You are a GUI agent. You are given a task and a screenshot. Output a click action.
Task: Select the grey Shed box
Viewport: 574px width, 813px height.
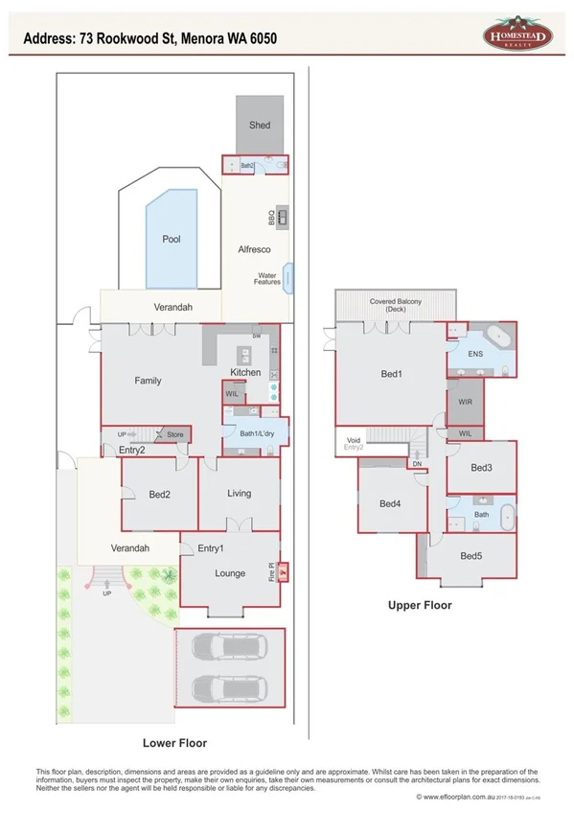click(x=260, y=125)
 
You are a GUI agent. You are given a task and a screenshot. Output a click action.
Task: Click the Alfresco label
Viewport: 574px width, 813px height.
click(x=254, y=249)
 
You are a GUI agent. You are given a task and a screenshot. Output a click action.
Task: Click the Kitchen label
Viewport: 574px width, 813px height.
click(x=245, y=372)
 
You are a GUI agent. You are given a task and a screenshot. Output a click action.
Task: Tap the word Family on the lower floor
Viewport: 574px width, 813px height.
click(x=148, y=381)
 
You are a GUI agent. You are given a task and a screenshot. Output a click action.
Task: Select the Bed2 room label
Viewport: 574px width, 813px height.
click(x=159, y=495)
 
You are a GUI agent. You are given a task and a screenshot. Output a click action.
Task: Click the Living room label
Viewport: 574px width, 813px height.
click(x=239, y=494)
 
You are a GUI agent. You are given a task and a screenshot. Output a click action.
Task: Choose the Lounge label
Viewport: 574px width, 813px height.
click(x=230, y=573)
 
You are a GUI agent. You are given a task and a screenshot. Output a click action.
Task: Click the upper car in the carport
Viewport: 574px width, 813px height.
click(x=228, y=649)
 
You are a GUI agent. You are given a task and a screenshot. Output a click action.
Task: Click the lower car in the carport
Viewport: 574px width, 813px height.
click(x=228, y=688)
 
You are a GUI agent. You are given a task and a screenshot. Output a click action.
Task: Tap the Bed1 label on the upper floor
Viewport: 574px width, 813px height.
click(x=391, y=374)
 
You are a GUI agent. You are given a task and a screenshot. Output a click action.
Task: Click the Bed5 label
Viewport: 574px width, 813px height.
click(x=471, y=556)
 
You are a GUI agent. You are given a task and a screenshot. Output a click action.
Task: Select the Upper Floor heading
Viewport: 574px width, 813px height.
click(x=419, y=605)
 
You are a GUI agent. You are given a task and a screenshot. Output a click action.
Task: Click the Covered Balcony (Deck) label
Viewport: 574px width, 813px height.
click(x=396, y=306)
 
